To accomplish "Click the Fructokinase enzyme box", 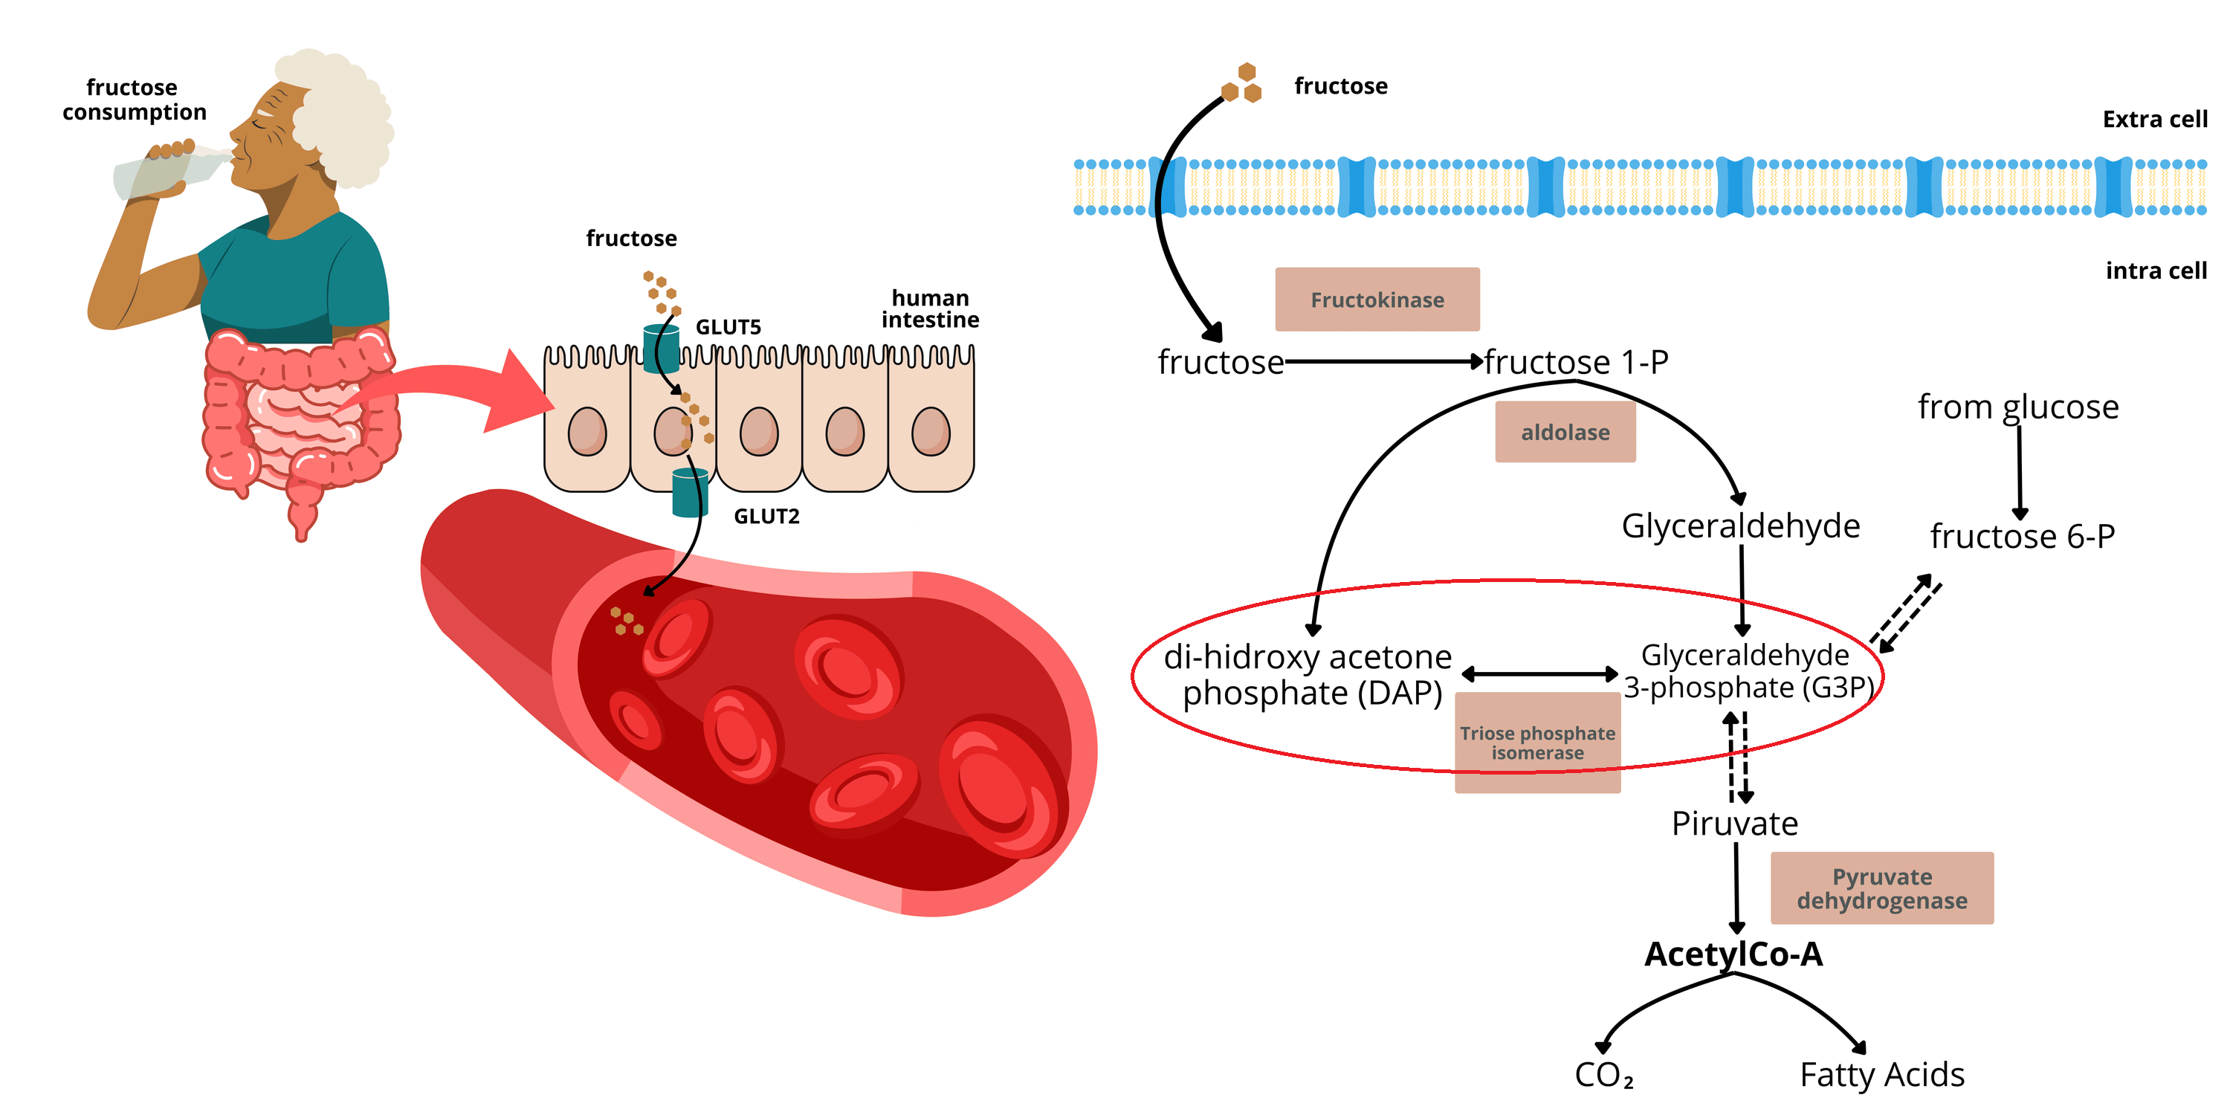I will click(1377, 300).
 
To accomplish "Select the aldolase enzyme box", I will click(1565, 432).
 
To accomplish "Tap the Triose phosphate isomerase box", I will click(1537, 743).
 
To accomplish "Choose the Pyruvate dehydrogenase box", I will click(1882, 888).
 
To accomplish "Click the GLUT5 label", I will click(728, 327).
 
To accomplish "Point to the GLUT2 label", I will click(766, 517).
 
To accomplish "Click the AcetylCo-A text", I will click(1734, 954).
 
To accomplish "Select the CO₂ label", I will click(1603, 1075).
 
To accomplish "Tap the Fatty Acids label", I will click(1882, 1075).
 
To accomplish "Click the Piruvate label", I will click(1735, 824).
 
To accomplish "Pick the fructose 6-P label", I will click(2022, 537).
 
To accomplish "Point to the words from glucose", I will click(2018, 407).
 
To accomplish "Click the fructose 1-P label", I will click(1577, 362).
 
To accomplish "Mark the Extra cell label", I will click(2155, 120).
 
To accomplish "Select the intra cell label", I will click(2156, 271).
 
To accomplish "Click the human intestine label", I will click(931, 309).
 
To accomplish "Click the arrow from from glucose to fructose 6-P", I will click(2020, 472).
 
